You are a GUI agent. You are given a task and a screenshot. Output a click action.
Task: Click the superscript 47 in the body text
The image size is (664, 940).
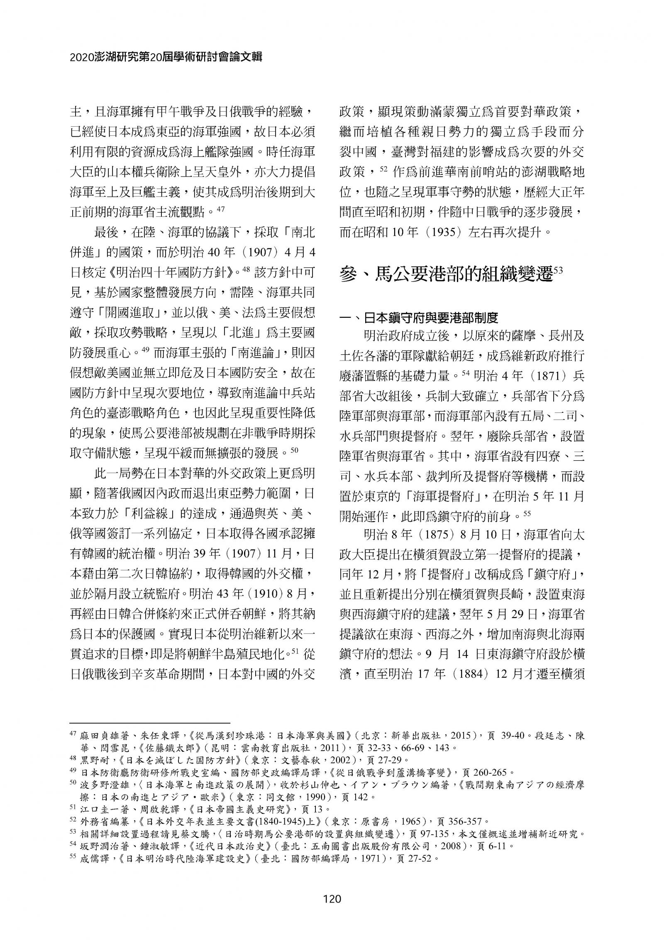tap(221, 210)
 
